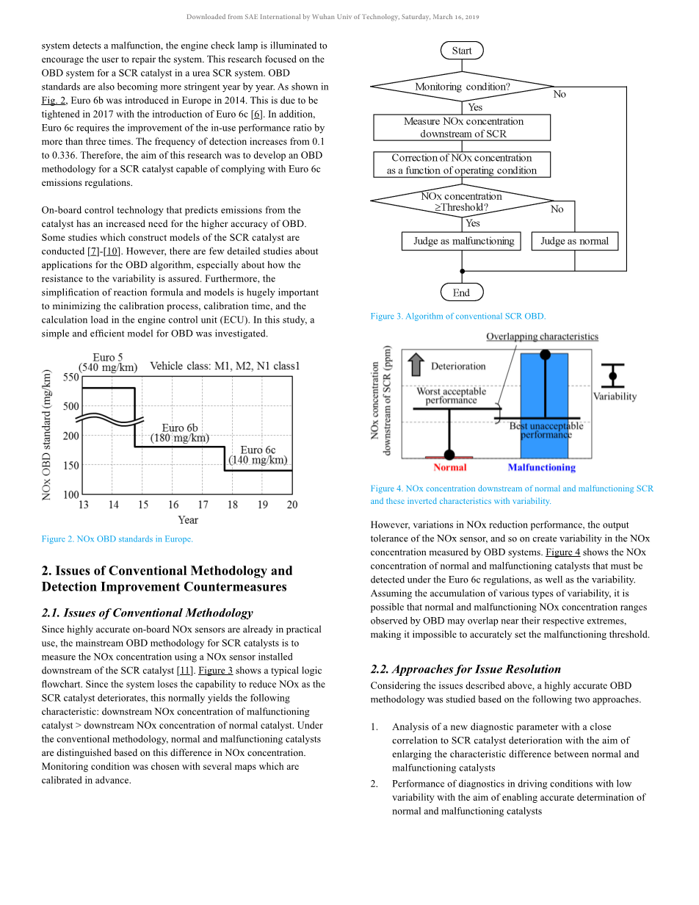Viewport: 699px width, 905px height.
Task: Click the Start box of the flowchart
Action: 462,51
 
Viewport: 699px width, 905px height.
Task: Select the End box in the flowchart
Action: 462,292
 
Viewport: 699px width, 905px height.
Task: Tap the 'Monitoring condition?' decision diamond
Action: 462,87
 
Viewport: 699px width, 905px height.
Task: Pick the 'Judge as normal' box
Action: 575,241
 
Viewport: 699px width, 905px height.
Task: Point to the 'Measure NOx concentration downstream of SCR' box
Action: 462,127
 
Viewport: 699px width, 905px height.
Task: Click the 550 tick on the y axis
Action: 70,377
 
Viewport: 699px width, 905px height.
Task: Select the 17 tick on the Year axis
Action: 203,505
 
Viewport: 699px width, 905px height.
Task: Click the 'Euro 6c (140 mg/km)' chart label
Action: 258,455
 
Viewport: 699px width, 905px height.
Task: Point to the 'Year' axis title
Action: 188,519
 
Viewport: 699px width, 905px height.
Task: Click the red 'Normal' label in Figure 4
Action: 450,467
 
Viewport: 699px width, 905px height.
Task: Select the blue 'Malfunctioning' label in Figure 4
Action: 542,467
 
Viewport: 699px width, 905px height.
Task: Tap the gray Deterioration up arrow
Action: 416,364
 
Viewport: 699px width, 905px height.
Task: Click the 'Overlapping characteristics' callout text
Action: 542,336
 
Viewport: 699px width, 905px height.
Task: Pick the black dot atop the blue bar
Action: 545,354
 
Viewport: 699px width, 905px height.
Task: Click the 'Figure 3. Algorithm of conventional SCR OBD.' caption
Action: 458,316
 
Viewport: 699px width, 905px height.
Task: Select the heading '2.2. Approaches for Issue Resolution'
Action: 466,669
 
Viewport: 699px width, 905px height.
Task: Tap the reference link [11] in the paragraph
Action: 185,671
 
